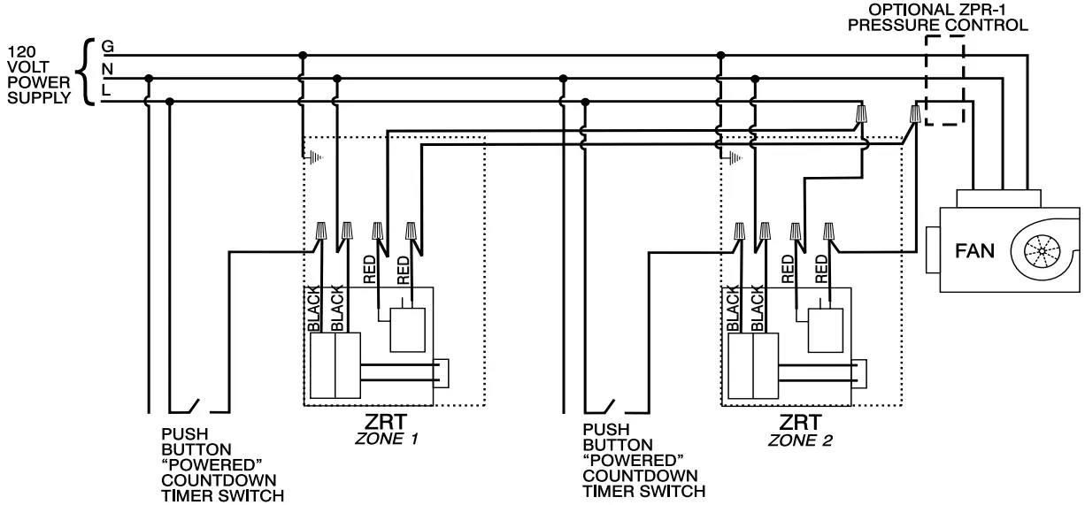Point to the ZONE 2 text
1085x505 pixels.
pyautogui.click(x=800, y=439)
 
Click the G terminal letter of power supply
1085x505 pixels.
pyautogui.click(x=107, y=45)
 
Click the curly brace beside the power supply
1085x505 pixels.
pyautogui.click(x=86, y=70)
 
